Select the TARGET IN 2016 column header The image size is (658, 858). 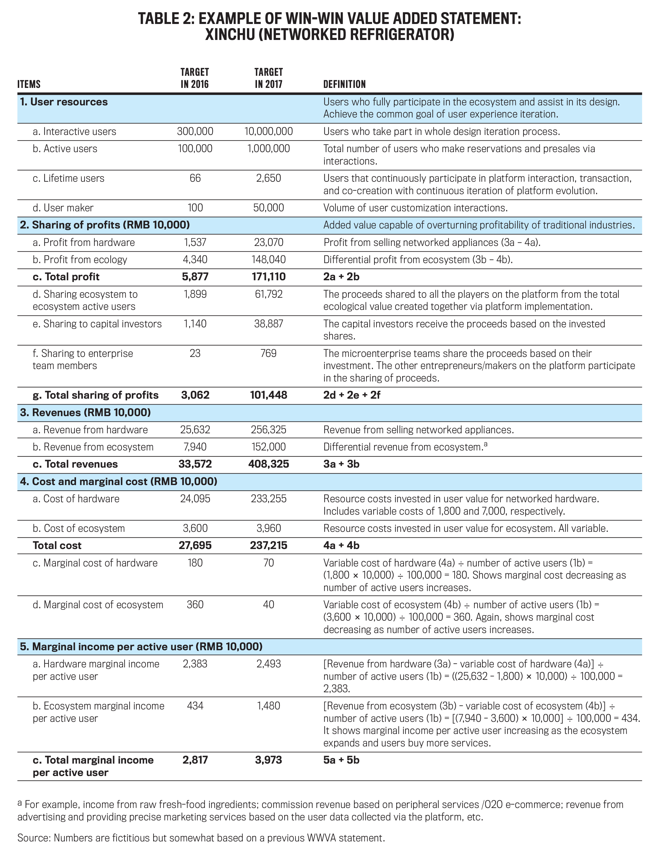[x=195, y=78]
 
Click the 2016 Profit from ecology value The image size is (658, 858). [x=195, y=260]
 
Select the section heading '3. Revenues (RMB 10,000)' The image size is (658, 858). [x=85, y=412]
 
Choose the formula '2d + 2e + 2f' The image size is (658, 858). [x=351, y=395]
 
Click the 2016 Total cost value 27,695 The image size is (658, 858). [x=195, y=545]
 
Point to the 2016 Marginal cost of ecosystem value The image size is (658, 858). [x=195, y=604]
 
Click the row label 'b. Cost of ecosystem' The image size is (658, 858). [x=79, y=528]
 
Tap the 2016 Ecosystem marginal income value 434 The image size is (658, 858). [x=195, y=706]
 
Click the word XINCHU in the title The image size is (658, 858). [x=229, y=35]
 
